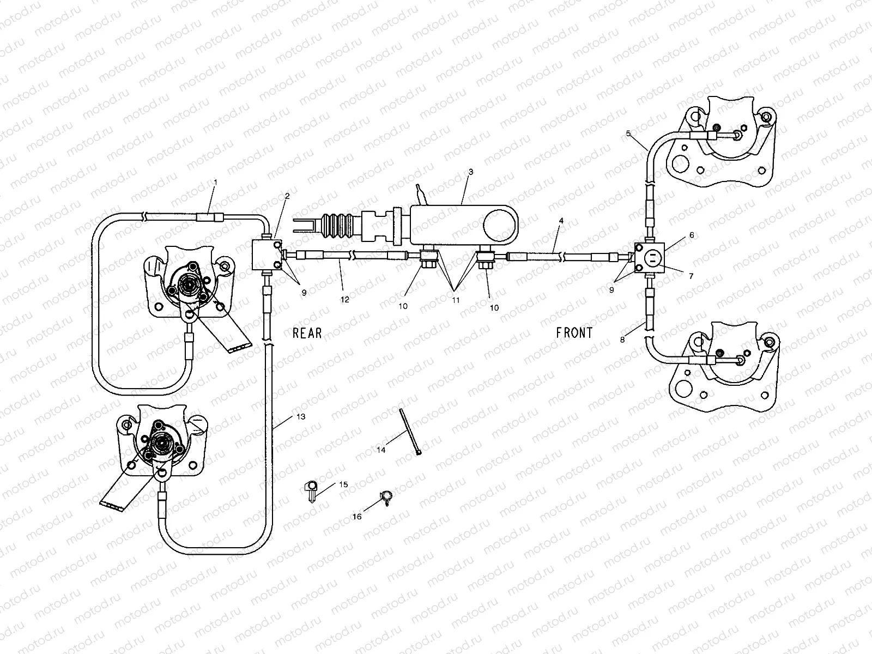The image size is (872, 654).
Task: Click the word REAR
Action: [307, 333]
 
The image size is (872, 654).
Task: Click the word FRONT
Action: [574, 332]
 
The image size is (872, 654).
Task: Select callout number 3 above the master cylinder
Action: [471, 172]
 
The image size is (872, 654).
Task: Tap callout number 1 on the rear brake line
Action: [215, 181]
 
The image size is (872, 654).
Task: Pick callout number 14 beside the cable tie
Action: [381, 450]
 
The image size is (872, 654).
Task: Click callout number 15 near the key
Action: [343, 484]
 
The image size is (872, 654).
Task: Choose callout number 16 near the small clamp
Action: [357, 516]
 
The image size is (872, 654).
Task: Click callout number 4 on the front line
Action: [560, 221]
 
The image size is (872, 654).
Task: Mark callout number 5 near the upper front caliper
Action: [628, 133]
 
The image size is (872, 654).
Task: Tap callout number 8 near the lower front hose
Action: [622, 339]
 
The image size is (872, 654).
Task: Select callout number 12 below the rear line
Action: [344, 299]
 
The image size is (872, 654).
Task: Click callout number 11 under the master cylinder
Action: [456, 300]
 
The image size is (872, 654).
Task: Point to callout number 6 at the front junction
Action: [692, 235]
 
